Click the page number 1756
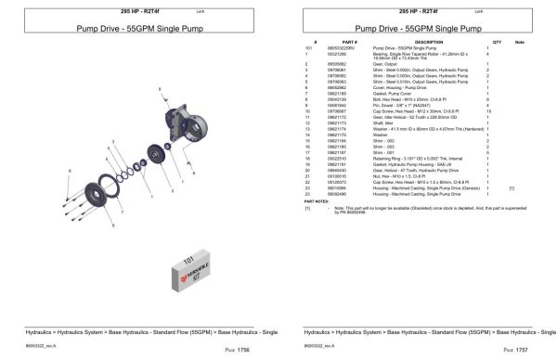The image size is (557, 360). (x=243, y=350)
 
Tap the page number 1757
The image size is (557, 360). (x=522, y=350)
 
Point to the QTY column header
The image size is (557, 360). (x=497, y=43)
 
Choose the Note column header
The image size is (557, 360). (x=519, y=43)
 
